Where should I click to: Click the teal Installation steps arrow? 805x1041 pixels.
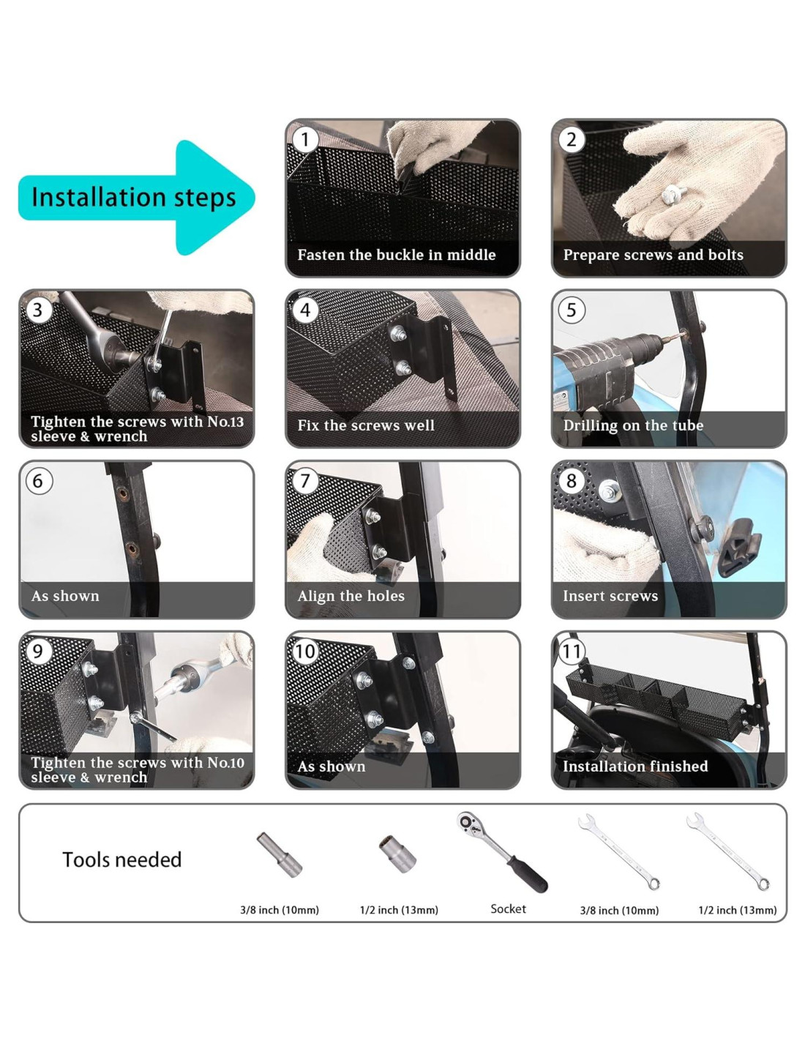pos(136,197)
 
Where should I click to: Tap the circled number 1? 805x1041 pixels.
pos(304,140)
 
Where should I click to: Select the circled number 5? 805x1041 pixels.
pos(571,310)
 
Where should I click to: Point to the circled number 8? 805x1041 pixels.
pos(571,480)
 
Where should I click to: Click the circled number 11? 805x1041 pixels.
pos(572,651)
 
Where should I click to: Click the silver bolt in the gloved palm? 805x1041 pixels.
pos(669,195)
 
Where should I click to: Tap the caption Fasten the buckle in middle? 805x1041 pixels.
pos(397,254)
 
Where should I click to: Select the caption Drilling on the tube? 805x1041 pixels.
pos(633,425)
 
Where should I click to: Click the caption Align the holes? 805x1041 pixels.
pos(351,595)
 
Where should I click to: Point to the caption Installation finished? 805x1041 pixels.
pos(635,766)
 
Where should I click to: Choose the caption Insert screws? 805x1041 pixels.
pos(610,595)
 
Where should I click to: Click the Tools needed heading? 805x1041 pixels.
pos(122,859)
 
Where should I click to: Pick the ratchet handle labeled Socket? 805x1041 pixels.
pos(502,852)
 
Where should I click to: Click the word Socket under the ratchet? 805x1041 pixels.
pos(508,908)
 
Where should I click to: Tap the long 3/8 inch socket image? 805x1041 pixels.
pos(279,854)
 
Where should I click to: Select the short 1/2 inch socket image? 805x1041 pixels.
pos(397,854)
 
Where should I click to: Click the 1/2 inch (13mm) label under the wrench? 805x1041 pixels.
pos(738,910)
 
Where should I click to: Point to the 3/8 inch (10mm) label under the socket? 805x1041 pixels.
pos(280,910)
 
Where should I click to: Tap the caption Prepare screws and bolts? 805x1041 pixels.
pos(654,254)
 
